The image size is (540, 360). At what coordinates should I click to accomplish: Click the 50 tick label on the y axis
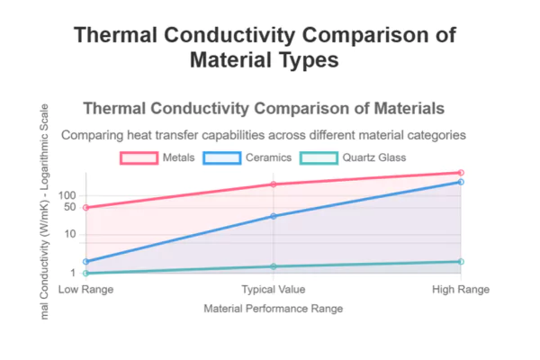pos(72,207)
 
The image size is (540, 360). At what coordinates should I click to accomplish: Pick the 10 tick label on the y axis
pos(72,234)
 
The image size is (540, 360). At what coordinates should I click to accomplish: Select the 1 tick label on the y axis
pos(75,273)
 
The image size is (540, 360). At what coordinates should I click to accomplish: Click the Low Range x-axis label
pos(85,290)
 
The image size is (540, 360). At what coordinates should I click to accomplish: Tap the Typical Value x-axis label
pos(274,290)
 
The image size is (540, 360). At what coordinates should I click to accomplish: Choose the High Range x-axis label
pos(461,290)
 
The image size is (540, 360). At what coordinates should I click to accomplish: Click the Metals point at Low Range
pos(85,208)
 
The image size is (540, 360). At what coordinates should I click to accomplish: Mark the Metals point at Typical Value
pos(274,184)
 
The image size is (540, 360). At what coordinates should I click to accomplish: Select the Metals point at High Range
pos(461,172)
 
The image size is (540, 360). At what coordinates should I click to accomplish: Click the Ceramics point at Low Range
pos(85,262)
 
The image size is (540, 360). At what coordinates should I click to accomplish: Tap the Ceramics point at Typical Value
pos(274,216)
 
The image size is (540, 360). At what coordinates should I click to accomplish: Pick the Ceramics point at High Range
pos(461,182)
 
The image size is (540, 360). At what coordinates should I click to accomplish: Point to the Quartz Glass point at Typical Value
pos(274,266)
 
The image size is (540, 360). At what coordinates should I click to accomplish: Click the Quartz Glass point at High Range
pos(461,262)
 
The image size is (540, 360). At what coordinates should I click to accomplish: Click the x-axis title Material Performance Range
pos(274,309)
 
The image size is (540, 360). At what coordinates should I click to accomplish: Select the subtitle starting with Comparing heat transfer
pos(263,135)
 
